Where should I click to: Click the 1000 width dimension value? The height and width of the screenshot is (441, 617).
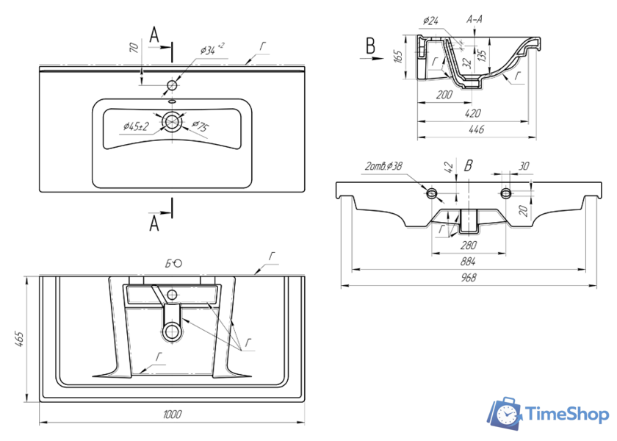(171, 415)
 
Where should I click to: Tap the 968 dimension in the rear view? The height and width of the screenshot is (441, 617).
(468, 278)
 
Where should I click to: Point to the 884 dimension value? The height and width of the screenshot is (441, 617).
(468, 262)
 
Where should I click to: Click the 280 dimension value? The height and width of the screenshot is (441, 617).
(468, 245)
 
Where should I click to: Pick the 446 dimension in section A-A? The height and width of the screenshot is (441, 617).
(476, 130)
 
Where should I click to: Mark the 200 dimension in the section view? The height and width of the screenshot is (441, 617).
(443, 95)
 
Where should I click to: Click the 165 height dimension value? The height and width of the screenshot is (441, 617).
(397, 57)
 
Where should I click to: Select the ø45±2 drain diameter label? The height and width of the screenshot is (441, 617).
(137, 126)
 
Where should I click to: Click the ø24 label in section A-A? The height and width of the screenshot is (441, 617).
(431, 21)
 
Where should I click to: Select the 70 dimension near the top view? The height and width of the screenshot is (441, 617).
(134, 50)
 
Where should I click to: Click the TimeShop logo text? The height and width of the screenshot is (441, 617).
(568, 414)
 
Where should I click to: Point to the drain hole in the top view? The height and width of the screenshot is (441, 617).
(173, 123)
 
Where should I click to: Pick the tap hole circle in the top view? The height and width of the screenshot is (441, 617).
(173, 83)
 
